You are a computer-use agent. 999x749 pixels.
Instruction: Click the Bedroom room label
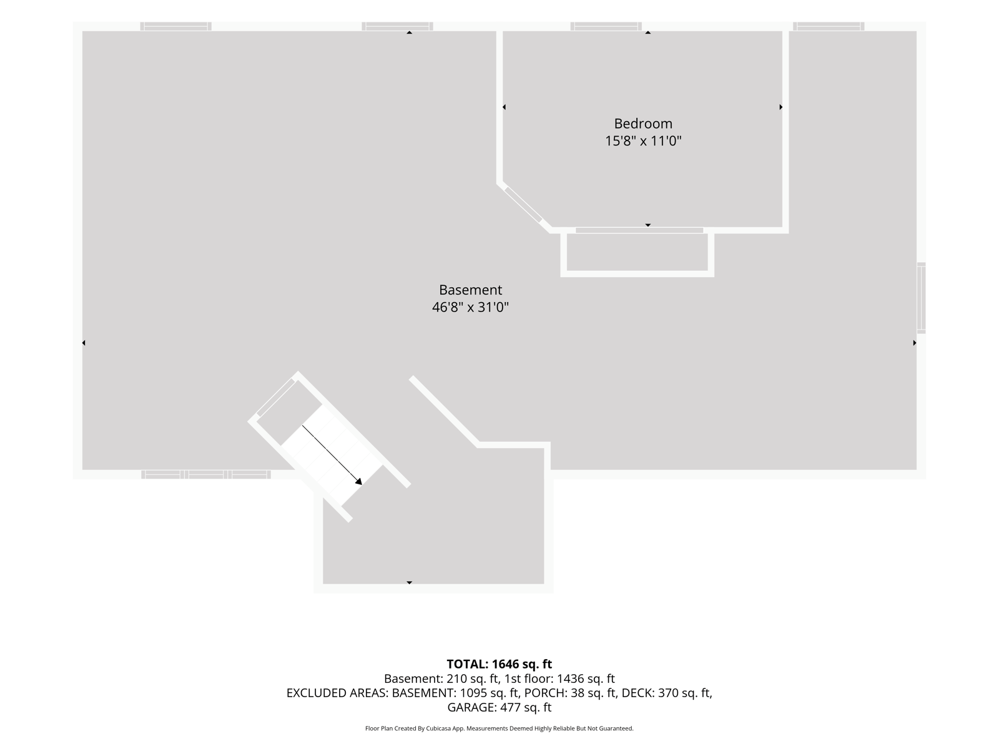click(642, 124)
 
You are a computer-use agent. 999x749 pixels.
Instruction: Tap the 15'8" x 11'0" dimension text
click(642, 141)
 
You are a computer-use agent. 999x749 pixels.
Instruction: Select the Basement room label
click(470, 290)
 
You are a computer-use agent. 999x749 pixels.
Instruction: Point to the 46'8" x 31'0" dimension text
click(470, 308)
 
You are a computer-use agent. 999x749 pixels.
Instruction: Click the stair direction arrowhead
click(358, 482)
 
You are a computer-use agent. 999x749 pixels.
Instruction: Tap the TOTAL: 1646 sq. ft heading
click(499, 664)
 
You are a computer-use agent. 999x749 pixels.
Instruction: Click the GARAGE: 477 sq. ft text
click(499, 707)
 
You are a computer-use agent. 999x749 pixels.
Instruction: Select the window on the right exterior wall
click(921, 298)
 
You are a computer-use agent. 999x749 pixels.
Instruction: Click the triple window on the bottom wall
click(206, 475)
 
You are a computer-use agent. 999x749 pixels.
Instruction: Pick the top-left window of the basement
click(175, 26)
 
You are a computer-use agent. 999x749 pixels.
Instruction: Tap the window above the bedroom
click(606, 26)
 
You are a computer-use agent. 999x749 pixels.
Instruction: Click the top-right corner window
click(829, 26)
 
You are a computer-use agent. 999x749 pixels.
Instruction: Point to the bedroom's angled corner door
click(523, 205)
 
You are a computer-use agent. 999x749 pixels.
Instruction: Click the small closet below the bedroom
click(637, 252)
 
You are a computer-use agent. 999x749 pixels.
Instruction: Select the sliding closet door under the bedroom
click(639, 230)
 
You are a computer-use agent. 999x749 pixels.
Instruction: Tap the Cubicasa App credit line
click(499, 728)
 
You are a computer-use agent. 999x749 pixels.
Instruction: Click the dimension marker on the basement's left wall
click(84, 343)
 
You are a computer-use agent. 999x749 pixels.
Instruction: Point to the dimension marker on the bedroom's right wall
click(780, 107)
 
